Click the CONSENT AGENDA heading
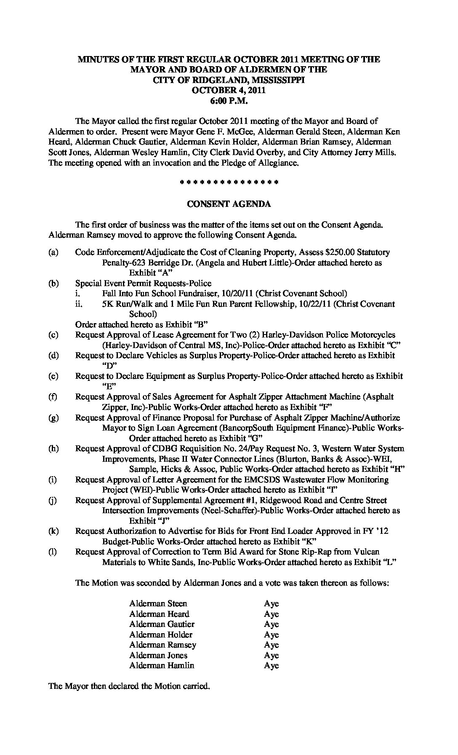[229, 204]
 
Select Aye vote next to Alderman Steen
[271, 604]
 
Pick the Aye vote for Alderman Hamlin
[271, 666]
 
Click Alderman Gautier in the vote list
[162, 624]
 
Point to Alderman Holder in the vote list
[161, 635]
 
